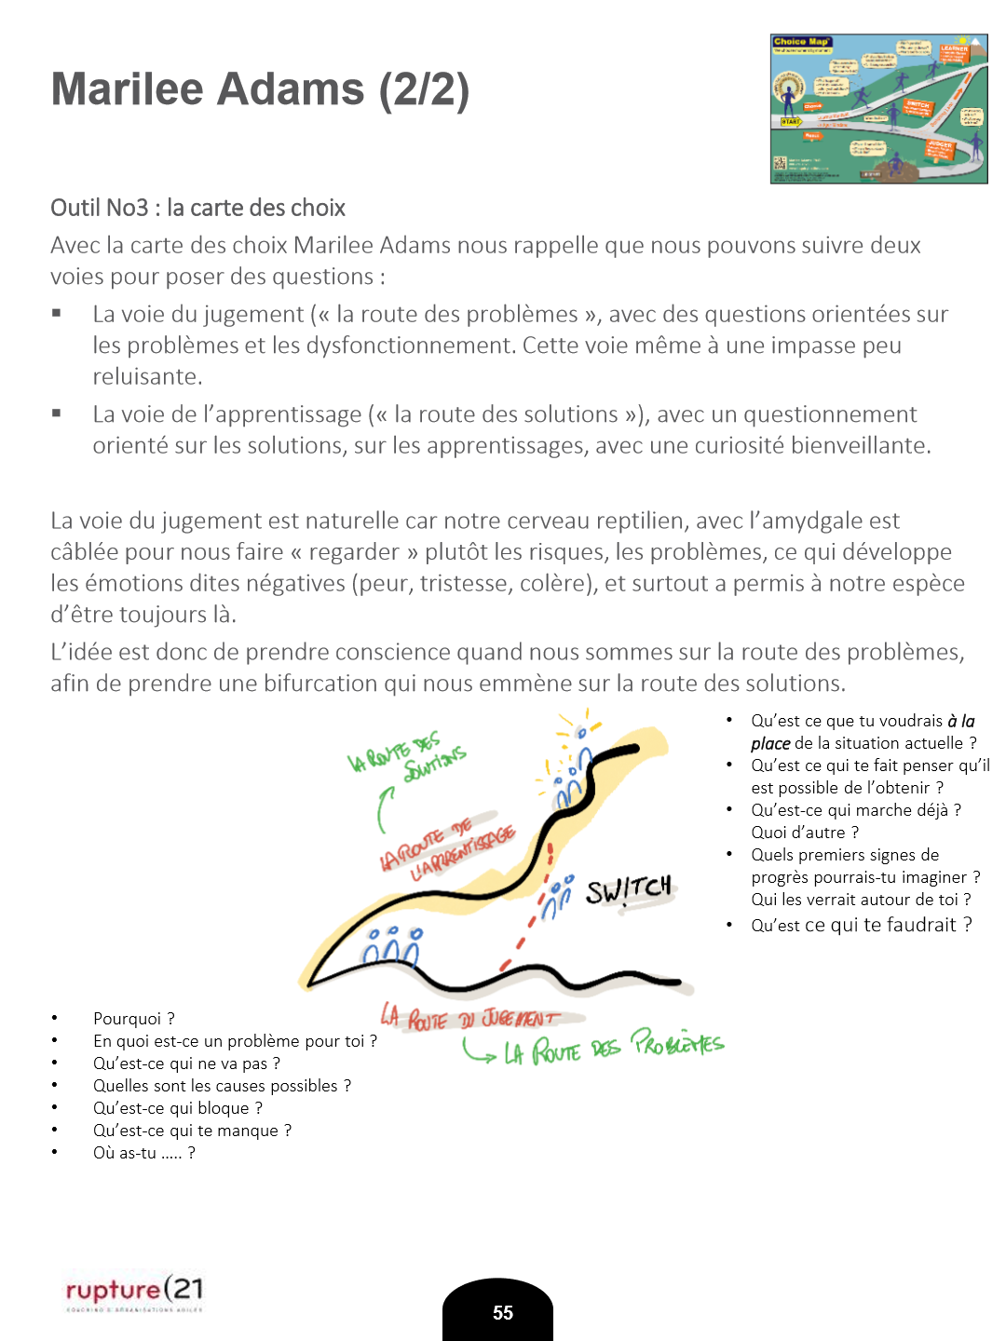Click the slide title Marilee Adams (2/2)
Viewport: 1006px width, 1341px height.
(260, 90)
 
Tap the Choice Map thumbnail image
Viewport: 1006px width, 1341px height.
(878, 109)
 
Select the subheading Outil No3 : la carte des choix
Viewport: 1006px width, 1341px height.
(197, 208)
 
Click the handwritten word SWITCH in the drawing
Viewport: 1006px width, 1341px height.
(629, 889)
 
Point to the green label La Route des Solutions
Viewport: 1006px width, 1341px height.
(408, 757)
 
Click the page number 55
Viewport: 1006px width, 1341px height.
(502, 1312)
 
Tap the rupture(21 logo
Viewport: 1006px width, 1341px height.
(134, 1291)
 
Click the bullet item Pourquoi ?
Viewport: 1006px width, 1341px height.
(134, 1019)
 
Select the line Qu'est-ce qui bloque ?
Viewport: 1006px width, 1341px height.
(178, 1108)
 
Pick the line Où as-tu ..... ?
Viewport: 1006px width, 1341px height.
(144, 1153)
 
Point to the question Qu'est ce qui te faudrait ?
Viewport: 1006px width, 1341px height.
(862, 925)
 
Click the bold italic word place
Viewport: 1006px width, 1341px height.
(770, 743)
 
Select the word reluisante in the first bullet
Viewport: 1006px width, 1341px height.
(145, 377)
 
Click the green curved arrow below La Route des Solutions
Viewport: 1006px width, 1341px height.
(383, 808)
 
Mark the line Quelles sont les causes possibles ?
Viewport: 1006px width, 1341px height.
(222, 1086)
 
